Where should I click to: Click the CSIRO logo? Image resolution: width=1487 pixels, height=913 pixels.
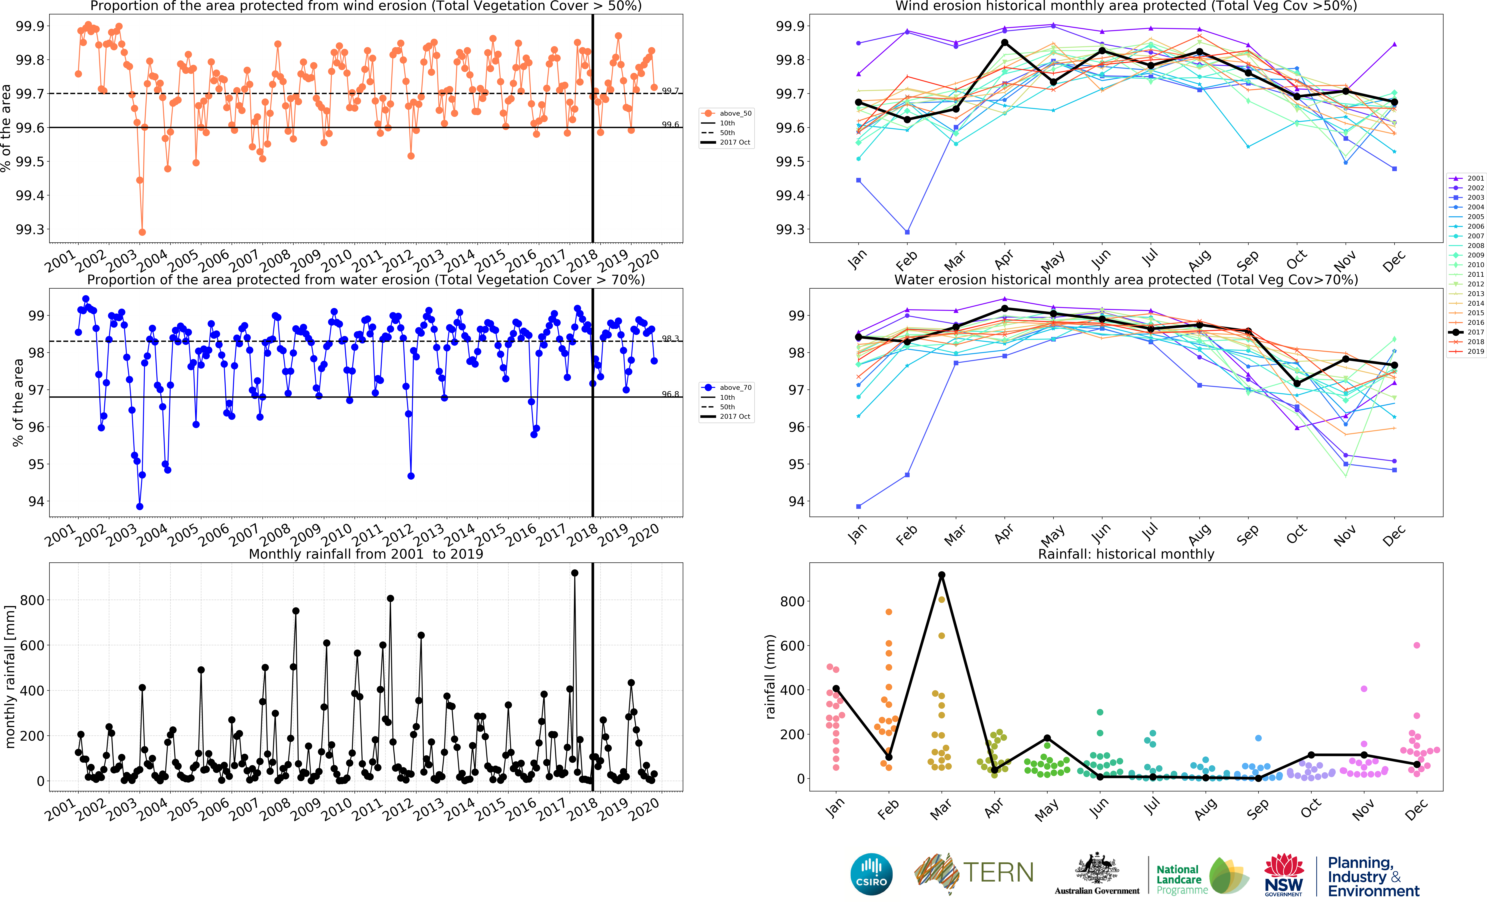[x=871, y=874]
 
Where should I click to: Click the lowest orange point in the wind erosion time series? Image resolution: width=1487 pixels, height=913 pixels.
[x=142, y=232]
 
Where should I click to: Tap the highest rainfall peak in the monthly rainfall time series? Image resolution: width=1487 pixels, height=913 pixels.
[x=574, y=573]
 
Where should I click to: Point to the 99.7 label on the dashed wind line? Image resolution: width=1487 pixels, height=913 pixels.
[x=670, y=91]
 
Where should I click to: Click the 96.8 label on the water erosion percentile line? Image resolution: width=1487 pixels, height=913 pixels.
[x=670, y=394]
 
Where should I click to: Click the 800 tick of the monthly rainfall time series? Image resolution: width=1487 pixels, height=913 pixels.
[x=32, y=600]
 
